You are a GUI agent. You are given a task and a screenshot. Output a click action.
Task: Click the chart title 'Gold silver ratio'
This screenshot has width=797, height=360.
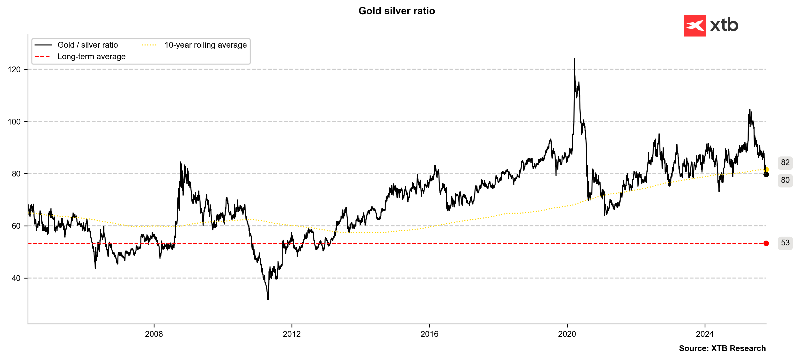click(x=397, y=11)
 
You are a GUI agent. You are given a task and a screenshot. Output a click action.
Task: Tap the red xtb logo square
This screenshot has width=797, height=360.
click(x=695, y=26)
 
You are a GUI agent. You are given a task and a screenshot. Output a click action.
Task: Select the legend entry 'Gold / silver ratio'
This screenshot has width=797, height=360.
click(x=88, y=45)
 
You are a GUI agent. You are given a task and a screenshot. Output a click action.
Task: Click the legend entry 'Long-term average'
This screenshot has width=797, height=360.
click(x=91, y=57)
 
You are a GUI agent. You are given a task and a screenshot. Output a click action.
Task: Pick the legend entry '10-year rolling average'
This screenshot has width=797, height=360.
click(x=205, y=45)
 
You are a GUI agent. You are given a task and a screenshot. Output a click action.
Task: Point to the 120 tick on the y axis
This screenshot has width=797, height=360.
click(x=14, y=70)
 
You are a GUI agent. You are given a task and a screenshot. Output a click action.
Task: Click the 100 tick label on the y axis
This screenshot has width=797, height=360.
click(x=14, y=122)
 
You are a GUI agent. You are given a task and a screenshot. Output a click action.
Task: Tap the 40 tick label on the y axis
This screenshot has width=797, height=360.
click(x=16, y=278)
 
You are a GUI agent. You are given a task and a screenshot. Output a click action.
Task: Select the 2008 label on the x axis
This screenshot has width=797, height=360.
click(x=154, y=334)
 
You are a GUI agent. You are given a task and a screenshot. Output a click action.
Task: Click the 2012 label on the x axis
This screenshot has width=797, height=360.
click(x=292, y=334)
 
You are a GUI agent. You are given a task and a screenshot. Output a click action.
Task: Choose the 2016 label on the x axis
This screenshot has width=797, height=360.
click(x=429, y=334)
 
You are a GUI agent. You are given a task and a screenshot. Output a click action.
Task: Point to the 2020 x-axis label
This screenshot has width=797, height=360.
click(x=567, y=334)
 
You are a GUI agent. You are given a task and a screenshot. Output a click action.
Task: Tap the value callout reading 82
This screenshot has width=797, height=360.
click(x=785, y=162)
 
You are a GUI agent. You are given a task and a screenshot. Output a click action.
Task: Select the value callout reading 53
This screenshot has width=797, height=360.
click(x=785, y=243)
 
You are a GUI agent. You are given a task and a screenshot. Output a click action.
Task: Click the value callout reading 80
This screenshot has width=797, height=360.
click(x=785, y=180)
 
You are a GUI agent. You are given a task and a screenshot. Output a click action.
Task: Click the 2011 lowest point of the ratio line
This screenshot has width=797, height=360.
click(x=268, y=299)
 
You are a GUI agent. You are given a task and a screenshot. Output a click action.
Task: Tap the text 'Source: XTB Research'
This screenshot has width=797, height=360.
click(x=722, y=348)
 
